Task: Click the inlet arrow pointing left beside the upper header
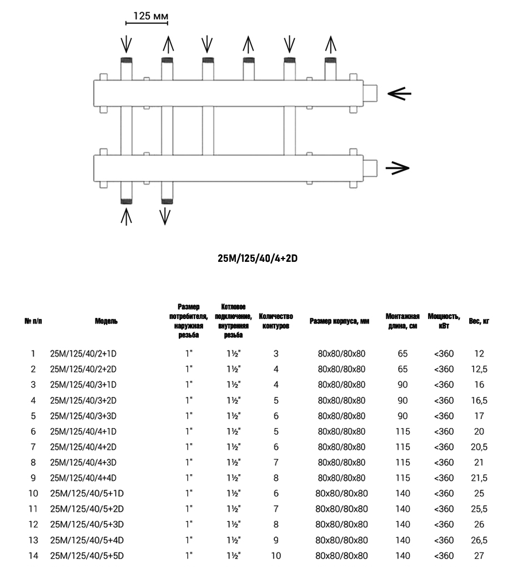pyautogui.click(x=399, y=94)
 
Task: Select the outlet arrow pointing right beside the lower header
pyautogui.click(x=397, y=167)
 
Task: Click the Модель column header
pyautogui.click(x=106, y=321)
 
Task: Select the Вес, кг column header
pyautogui.click(x=479, y=321)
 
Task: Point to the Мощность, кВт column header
pyautogui.click(x=444, y=321)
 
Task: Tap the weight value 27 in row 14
pyautogui.click(x=479, y=555)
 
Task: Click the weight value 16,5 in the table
pyautogui.click(x=479, y=400)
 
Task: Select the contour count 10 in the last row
pyautogui.click(x=276, y=555)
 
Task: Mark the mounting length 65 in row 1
pyautogui.click(x=403, y=354)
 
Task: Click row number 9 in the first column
pyautogui.click(x=33, y=478)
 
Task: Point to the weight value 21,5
pyautogui.click(x=479, y=478)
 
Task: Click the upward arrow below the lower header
pyautogui.click(x=127, y=216)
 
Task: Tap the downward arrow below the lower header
pyautogui.click(x=165, y=216)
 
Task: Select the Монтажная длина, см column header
pyautogui.click(x=403, y=321)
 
